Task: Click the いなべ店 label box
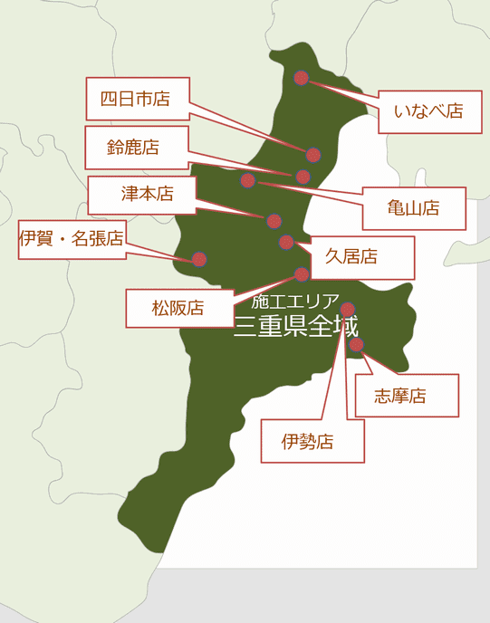point(428,111)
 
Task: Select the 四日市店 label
point(135,99)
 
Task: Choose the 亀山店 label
point(413,208)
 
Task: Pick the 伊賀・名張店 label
point(72,239)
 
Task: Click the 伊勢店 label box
point(312,442)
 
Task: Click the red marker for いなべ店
point(302,79)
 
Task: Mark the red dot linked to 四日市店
point(313,155)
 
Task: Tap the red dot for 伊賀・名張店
point(199,259)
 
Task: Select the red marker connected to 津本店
point(274,221)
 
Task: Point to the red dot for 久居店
point(287,242)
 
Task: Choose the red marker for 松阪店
point(303,274)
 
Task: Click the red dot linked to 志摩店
point(357,344)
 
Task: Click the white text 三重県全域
point(295,326)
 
